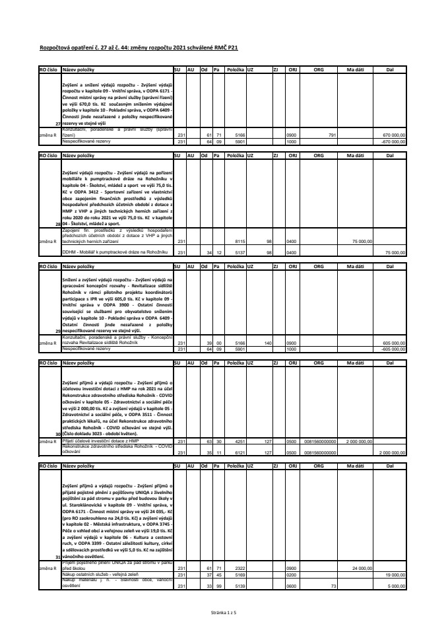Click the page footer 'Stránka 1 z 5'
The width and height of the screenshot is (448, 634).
[x=224, y=614]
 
